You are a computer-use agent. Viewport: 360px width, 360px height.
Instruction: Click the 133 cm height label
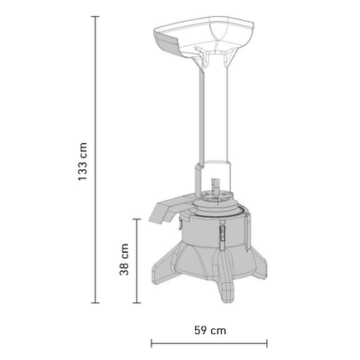point(81,160)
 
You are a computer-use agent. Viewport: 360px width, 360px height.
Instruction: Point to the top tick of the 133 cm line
point(95,16)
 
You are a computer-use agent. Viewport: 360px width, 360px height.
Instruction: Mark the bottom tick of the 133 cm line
point(95,303)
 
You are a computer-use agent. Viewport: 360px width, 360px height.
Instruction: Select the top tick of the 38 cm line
point(137,219)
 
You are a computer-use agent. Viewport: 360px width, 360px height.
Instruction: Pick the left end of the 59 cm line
point(152,342)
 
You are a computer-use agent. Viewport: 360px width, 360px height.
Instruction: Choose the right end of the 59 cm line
point(267,342)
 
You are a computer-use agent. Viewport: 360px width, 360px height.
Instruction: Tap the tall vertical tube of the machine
point(213,117)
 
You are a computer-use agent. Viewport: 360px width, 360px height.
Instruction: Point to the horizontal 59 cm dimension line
point(209,342)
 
